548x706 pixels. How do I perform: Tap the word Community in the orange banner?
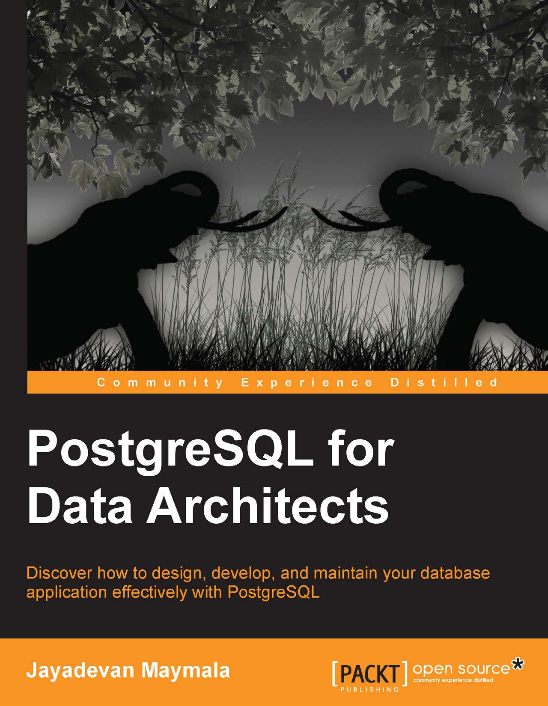coord(160,383)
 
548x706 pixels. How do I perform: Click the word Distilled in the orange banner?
coord(444,382)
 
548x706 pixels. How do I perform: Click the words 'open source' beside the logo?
coord(461,659)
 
